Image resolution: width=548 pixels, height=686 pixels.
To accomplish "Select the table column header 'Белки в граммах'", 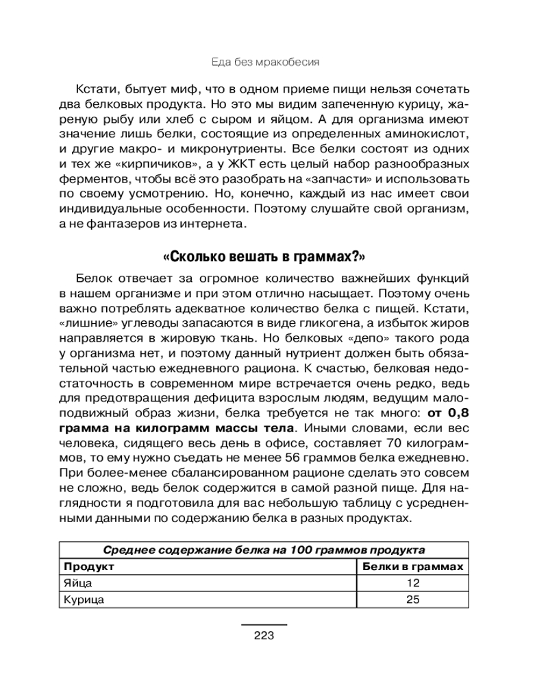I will pyautogui.click(x=413, y=567).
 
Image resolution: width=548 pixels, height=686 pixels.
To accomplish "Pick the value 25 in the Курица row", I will pyautogui.click(x=412, y=599).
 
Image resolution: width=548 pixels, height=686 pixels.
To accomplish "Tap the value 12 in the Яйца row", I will pyautogui.click(x=412, y=583).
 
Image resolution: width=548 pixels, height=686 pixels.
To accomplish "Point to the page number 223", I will pyautogui.click(x=264, y=635).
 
